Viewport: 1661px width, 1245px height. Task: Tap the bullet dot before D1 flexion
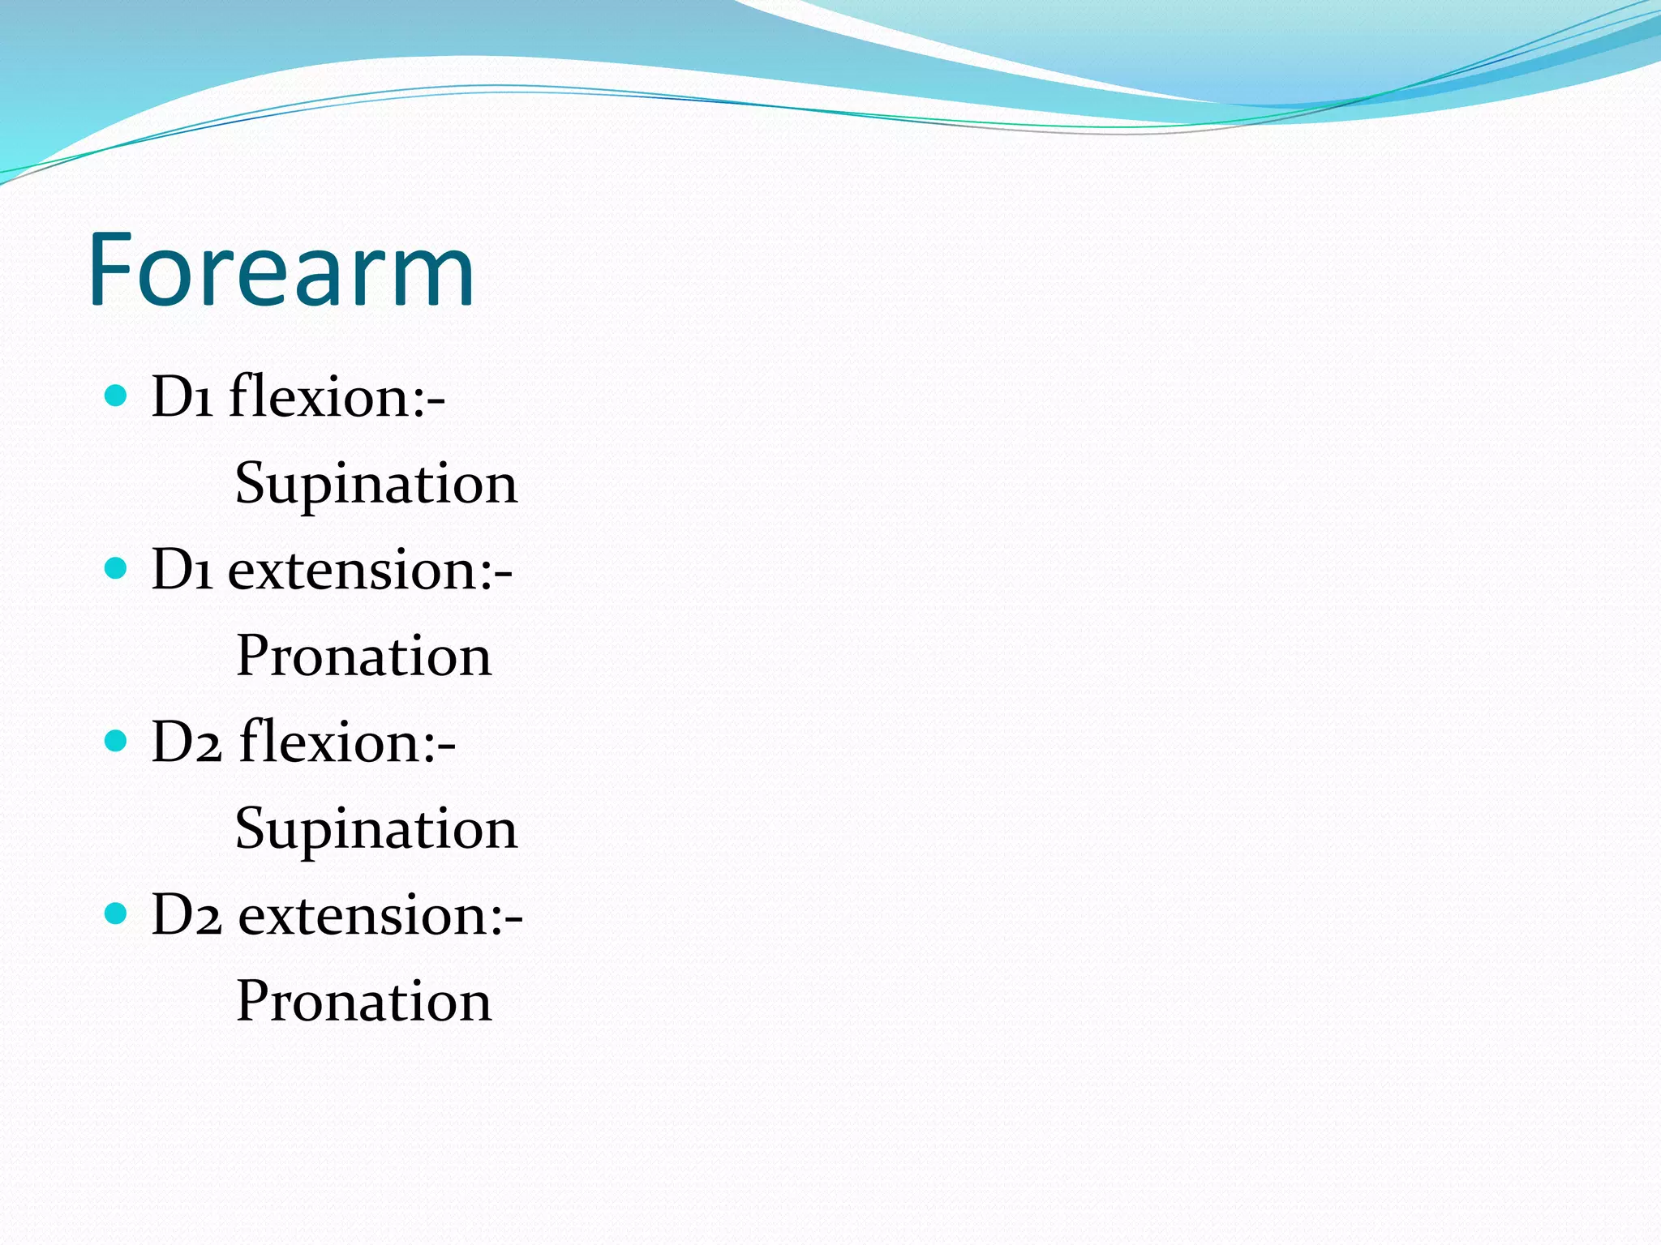[117, 396]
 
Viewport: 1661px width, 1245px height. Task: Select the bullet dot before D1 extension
[117, 568]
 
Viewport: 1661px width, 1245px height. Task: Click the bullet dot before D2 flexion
[117, 741]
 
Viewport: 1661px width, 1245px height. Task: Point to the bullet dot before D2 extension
[117, 913]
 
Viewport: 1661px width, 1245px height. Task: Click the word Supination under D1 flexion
[376, 484]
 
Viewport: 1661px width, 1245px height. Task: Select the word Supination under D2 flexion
[376, 829]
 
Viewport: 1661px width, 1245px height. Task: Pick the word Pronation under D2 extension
[363, 1001]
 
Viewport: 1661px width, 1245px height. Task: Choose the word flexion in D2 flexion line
[329, 742]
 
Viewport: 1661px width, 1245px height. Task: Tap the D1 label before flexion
[182, 397]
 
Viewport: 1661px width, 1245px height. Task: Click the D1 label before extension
[182, 570]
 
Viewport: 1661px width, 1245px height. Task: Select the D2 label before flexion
[186, 742]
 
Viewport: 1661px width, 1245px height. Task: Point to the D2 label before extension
[186, 916]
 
